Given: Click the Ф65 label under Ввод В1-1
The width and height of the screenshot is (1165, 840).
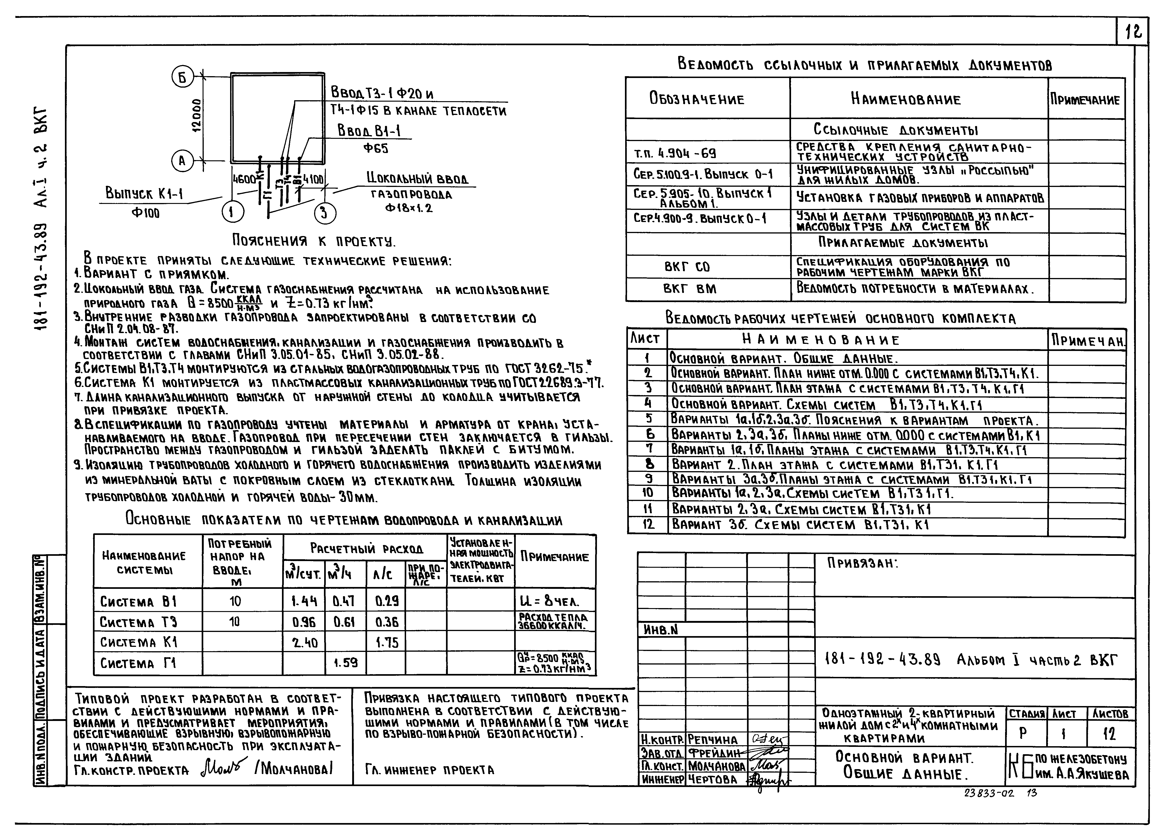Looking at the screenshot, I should [376, 148].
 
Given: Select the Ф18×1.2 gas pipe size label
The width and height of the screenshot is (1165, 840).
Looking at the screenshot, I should [409, 208].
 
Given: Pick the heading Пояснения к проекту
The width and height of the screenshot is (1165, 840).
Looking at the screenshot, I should [314, 241].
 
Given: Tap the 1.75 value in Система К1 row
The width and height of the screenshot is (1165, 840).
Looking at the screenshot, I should [387, 642].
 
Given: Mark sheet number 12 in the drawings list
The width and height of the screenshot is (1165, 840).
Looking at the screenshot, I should [648, 524].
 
